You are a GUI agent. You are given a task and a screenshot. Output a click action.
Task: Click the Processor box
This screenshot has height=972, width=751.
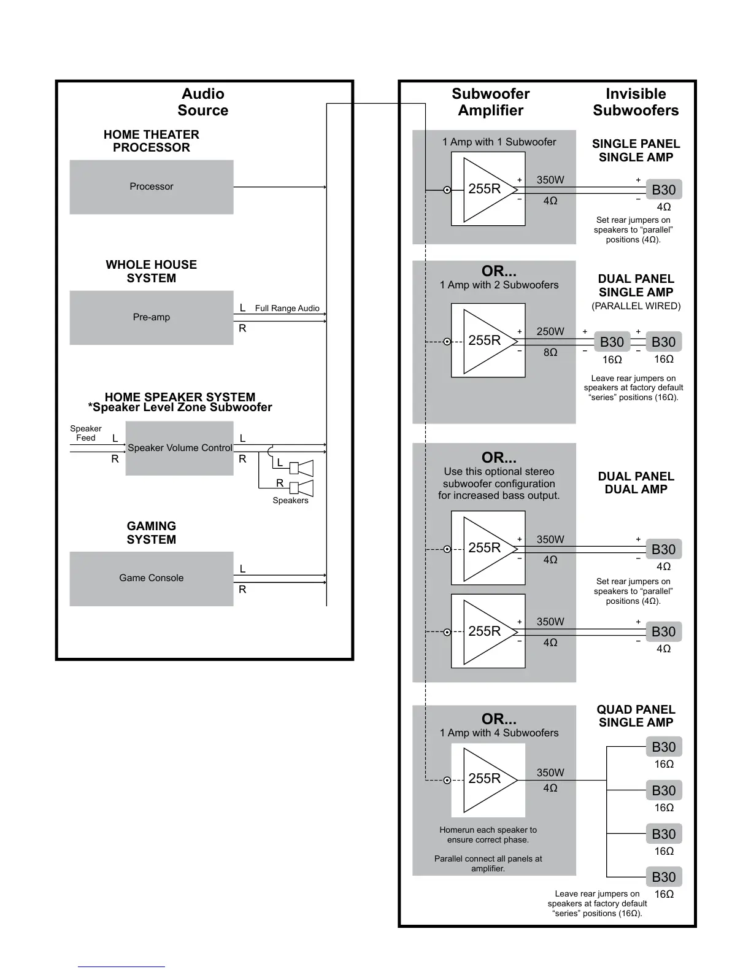[x=151, y=187]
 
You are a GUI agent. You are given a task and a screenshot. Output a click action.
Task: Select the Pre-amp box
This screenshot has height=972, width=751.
[x=151, y=317]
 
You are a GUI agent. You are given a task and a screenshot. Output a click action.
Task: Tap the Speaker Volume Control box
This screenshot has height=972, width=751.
[x=179, y=448]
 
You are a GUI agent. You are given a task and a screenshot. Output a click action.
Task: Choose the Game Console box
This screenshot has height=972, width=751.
[x=151, y=578]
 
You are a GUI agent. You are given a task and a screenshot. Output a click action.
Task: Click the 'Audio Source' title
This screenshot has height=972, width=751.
[x=203, y=102]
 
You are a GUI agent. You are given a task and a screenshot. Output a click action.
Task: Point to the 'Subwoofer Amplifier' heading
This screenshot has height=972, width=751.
[x=490, y=102]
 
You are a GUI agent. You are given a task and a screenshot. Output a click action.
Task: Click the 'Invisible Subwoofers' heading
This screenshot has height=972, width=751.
[x=636, y=102]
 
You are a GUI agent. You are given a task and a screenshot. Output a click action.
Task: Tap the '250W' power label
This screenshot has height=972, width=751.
[x=550, y=331]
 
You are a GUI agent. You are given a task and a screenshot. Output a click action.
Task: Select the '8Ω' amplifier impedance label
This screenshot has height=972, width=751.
[x=550, y=352]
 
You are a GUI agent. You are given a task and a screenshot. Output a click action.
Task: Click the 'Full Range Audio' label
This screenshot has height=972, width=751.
[x=287, y=308]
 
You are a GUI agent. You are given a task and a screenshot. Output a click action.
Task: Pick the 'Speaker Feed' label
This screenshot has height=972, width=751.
[x=86, y=433]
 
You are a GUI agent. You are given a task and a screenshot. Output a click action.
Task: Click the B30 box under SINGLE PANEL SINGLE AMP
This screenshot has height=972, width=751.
[x=663, y=190]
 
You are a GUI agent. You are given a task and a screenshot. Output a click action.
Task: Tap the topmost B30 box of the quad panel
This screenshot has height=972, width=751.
[x=663, y=747]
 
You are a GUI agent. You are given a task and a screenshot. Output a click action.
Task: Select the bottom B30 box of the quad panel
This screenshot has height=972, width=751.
[x=663, y=877]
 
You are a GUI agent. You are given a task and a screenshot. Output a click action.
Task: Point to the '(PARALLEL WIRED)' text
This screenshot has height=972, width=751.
[x=636, y=306]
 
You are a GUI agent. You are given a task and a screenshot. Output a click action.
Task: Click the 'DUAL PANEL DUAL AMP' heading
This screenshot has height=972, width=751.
[x=636, y=482]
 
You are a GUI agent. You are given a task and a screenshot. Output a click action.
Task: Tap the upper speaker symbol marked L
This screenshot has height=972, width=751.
[x=301, y=468]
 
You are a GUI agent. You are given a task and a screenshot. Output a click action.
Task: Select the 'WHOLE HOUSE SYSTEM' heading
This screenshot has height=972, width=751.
[x=151, y=271]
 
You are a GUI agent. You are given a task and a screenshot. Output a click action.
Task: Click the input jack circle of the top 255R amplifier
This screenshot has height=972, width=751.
[x=447, y=190]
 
